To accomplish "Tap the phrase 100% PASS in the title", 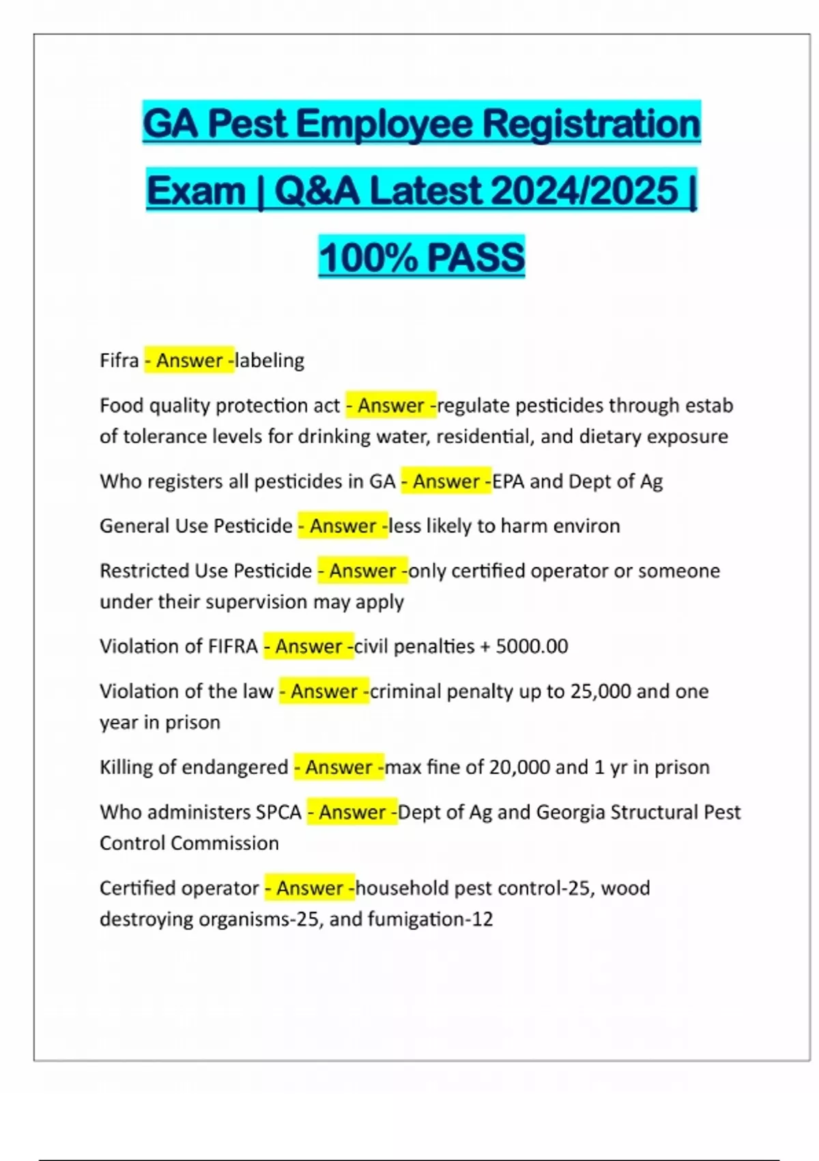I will click(422, 257).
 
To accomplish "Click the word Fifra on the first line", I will click(119, 360).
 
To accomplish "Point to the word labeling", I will click(270, 360).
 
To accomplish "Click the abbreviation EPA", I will click(508, 481).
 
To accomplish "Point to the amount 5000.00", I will click(532, 646).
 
